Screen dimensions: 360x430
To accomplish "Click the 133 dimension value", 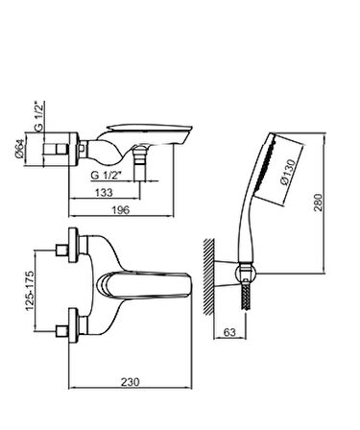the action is tap(104, 193).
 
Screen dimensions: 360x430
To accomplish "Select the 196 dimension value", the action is tap(121, 210).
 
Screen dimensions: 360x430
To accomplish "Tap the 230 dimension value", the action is tap(131, 382).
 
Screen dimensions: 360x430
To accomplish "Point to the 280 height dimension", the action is tap(319, 202).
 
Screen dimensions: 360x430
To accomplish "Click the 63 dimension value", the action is tap(229, 332).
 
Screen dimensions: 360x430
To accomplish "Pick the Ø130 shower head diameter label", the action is tap(288, 172).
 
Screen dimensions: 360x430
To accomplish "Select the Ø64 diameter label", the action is tap(20, 148).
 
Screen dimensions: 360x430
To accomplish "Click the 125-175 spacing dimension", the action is tap(30, 291).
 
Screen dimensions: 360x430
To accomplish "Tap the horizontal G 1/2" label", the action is tap(107, 176).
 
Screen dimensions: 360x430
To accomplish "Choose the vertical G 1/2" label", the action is tap(39, 115).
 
